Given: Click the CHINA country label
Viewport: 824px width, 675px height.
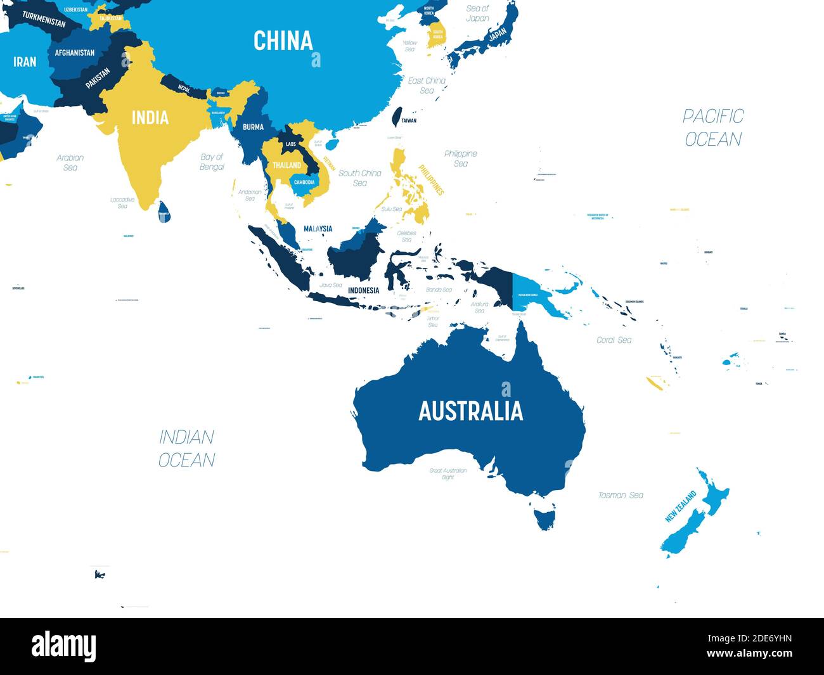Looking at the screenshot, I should click(x=283, y=41).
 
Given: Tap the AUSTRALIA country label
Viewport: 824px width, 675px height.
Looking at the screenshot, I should click(x=470, y=411).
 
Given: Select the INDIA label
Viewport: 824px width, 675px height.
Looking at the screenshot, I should click(x=150, y=117).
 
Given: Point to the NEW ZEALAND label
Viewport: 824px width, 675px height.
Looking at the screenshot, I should click(x=681, y=506).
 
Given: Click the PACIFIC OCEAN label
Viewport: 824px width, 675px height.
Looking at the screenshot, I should click(x=713, y=127).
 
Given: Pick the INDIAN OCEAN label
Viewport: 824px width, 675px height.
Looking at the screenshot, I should click(x=186, y=448).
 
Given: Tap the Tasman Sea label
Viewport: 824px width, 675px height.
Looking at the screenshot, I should click(x=621, y=495).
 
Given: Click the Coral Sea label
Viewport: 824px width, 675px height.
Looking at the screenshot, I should click(x=614, y=340).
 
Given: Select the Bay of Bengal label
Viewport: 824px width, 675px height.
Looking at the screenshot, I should click(x=212, y=162).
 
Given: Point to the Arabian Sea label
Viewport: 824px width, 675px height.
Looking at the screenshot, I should click(x=70, y=162).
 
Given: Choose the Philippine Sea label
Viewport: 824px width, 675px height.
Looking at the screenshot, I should click(x=461, y=158).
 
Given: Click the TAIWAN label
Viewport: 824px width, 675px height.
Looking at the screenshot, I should click(x=409, y=120).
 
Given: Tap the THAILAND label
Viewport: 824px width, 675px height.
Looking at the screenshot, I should click(x=287, y=165).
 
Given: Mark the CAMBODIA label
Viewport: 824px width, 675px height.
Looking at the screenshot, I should click(x=304, y=183).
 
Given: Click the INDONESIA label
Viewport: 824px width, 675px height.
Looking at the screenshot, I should click(x=363, y=291).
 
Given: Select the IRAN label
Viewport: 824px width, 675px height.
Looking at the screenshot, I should click(x=25, y=61).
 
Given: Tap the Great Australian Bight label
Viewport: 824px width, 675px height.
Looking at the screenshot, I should click(x=448, y=473).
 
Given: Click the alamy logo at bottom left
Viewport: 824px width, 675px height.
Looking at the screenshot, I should click(x=64, y=646).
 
